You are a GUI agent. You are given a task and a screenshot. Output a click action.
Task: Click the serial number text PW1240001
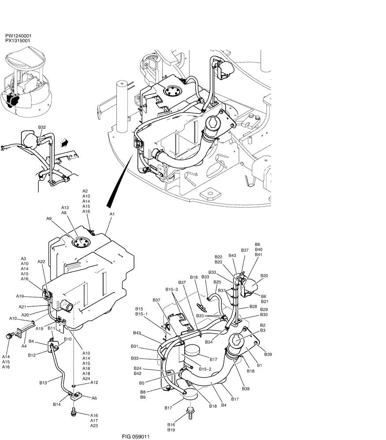[x=18, y=36]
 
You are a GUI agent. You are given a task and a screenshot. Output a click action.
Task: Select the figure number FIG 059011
[x=136, y=437]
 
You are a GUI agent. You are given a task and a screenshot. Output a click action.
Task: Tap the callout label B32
[x=42, y=127]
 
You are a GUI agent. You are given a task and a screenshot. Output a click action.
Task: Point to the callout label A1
[x=112, y=214]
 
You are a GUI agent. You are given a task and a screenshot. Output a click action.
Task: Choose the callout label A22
[x=41, y=261]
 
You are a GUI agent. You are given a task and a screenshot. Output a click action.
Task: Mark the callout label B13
[x=43, y=383]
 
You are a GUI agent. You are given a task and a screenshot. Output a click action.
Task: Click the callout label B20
[x=264, y=276]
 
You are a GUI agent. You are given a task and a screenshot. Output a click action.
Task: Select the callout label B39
[x=268, y=354]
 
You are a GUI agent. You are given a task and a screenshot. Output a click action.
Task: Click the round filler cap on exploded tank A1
[x=82, y=242]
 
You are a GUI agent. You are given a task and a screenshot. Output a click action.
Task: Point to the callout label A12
[x=94, y=383]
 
